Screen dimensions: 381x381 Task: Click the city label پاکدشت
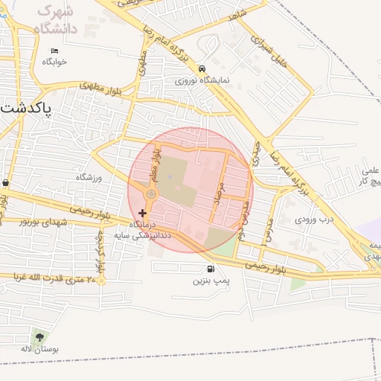pyautogui.click(x=27, y=108)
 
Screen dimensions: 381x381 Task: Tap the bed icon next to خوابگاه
pyautogui.click(x=54, y=51)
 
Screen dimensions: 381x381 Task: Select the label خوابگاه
pyautogui.click(x=54, y=62)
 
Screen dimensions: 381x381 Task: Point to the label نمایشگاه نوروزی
pyautogui.click(x=202, y=80)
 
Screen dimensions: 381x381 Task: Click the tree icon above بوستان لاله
pyautogui.click(x=39, y=337)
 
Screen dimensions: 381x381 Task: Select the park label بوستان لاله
pyautogui.click(x=36, y=349)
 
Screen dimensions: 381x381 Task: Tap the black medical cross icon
pyautogui.click(x=143, y=213)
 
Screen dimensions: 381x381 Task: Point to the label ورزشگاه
pyautogui.click(x=88, y=177)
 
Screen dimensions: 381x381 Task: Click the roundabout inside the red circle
pyautogui.click(x=151, y=194)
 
